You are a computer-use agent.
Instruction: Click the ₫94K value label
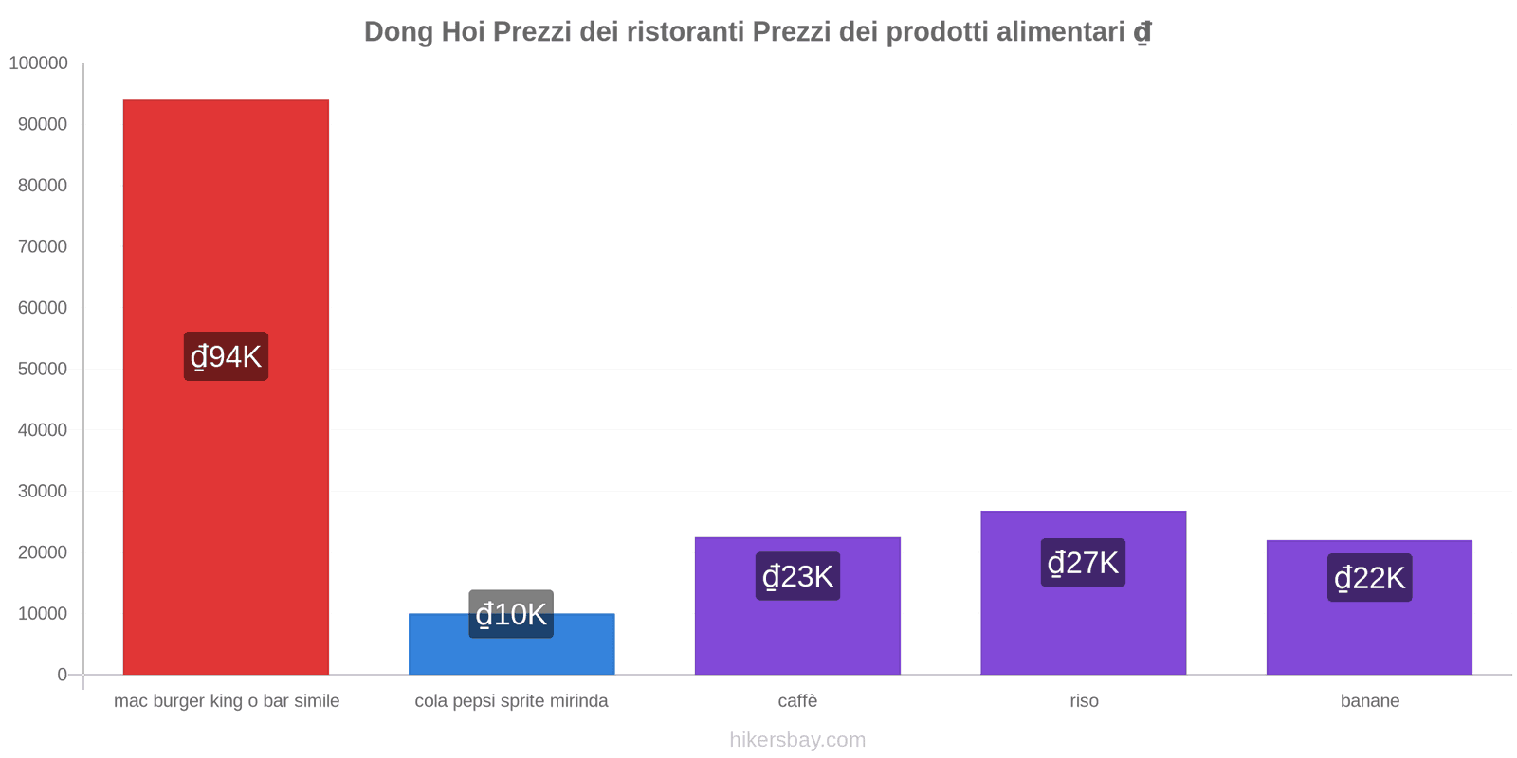[x=226, y=356]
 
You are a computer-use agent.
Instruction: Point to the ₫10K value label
[x=511, y=614]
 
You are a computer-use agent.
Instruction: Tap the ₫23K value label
[x=797, y=576]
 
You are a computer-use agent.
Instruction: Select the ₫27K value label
[x=1083, y=563]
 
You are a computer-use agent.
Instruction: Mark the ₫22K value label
[x=1369, y=578]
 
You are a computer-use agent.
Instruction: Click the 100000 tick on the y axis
[x=39, y=63]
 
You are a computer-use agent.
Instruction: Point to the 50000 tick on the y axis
[x=43, y=369]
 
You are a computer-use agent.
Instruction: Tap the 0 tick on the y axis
[x=62, y=675]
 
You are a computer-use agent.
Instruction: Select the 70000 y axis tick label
[x=43, y=246]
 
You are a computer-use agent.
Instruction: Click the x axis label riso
[x=1084, y=701]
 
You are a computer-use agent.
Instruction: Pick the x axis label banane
[x=1369, y=701]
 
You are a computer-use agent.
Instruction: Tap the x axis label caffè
[x=797, y=701]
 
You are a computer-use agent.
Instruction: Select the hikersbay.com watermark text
[x=797, y=740]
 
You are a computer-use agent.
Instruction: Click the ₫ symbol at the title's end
[x=1142, y=32]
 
